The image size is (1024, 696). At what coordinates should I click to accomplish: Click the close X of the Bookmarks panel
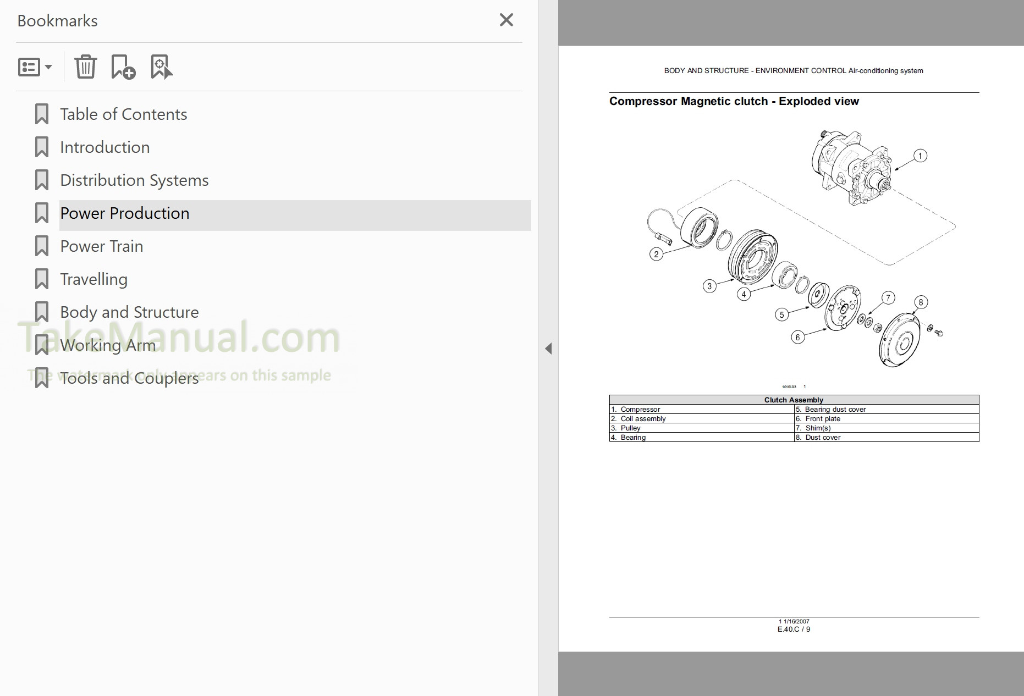[506, 20]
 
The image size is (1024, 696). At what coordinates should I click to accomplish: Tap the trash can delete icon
[85, 67]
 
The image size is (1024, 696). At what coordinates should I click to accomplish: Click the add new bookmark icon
[123, 67]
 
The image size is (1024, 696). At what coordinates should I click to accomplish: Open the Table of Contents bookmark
[123, 114]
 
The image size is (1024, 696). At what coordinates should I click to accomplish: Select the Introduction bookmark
[104, 147]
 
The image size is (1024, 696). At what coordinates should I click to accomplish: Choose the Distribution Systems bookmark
[134, 180]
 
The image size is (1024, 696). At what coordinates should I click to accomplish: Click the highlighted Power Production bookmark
[125, 213]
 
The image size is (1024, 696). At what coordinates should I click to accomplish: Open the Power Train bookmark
[102, 246]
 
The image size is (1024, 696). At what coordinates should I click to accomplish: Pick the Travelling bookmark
[93, 279]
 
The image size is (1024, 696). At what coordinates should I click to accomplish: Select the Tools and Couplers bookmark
[129, 378]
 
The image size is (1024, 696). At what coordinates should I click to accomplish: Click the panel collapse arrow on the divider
[548, 349]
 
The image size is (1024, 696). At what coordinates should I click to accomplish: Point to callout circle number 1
[920, 156]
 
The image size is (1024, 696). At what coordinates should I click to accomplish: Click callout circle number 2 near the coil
[656, 254]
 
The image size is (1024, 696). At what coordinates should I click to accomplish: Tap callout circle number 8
[921, 302]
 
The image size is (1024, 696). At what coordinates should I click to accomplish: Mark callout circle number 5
[781, 315]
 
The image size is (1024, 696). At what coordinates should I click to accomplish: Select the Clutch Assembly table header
[794, 400]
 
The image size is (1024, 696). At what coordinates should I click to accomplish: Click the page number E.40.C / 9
[794, 629]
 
